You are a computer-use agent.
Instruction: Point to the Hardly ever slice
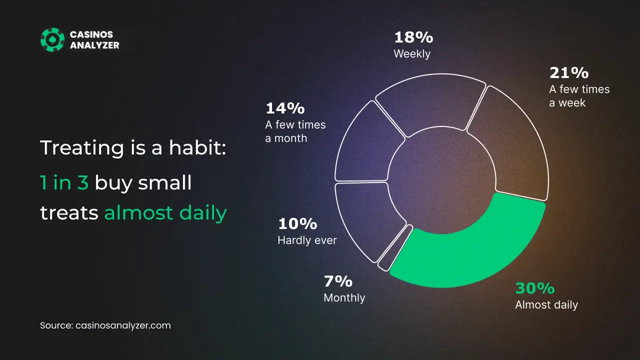click(x=364, y=217)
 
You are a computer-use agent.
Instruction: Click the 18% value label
click(x=413, y=37)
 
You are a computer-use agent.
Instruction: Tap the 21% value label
click(x=569, y=73)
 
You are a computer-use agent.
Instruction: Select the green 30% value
click(x=535, y=288)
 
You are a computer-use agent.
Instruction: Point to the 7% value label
click(x=338, y=281)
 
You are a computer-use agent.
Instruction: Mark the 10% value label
click(x=297, y=223)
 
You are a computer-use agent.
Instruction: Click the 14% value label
click(x=285, y=108)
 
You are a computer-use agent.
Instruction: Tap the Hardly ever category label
click(x=307, y=240)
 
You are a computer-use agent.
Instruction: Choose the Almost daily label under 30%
click(x=546, y=305)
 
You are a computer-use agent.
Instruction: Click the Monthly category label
click(x=344, y=298)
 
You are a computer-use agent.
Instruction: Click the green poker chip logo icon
click(x=52, y=39)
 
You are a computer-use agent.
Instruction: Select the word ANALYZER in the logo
click(x=94, y=45)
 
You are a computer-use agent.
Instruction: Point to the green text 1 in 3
click(x=64, y=182)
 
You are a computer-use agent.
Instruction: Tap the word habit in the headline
click(x=197, y=147)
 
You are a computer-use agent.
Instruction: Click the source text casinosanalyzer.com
click(x=123, y=325)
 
